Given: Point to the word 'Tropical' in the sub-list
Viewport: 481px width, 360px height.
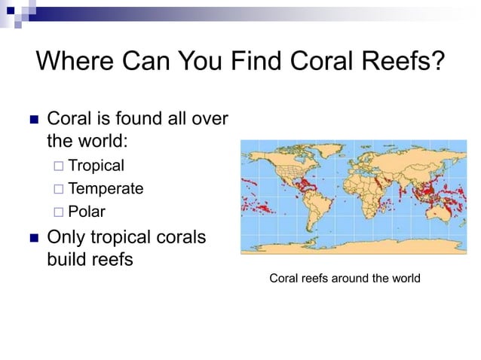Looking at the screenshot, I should [x=96, y=166].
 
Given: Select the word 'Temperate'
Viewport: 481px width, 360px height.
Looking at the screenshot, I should [x=106, y=188].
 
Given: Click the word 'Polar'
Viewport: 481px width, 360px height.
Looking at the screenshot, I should [x=87, y=211].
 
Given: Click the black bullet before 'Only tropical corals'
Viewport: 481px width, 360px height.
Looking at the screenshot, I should [x=32, y=239].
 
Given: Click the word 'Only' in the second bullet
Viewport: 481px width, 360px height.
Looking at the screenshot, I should [x=66, y=237].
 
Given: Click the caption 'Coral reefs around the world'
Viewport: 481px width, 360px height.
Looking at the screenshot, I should [x=345, y=279].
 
